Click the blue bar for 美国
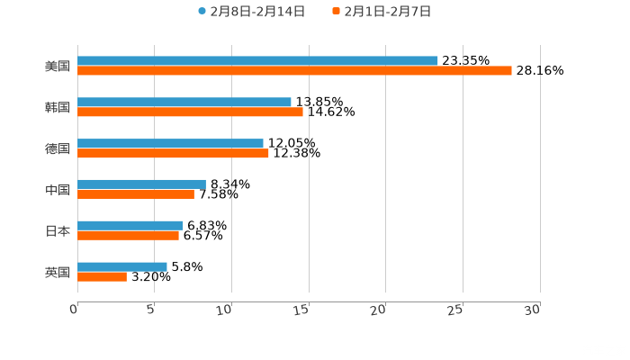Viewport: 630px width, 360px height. [x=257, y=60]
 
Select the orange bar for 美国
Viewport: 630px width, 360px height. [x=294, y=70]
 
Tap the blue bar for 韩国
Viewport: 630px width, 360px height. [x=184, y=102]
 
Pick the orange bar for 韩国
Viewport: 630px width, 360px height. [x=190, y=112]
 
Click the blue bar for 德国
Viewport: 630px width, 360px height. [x=170, y=143]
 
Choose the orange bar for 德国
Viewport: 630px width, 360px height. [x=173, y=153]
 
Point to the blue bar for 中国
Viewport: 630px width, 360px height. [x=141, y=184]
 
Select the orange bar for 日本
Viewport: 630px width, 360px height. [x=128, y=235]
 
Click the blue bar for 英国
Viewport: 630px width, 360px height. [x=122, y=266]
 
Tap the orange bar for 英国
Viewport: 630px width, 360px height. [x=102, y=276]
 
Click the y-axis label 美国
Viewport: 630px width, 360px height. [x=58, y=66]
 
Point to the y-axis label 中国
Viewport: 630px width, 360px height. [x=58, y=189]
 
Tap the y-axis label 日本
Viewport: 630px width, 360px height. [x=58, y=230]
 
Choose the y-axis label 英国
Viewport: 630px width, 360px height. [x=58, y=272]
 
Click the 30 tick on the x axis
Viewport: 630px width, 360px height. [x=532, y=310]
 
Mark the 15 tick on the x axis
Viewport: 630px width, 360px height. [x=301, y=310]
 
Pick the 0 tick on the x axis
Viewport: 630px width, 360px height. [x=74, y=310]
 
